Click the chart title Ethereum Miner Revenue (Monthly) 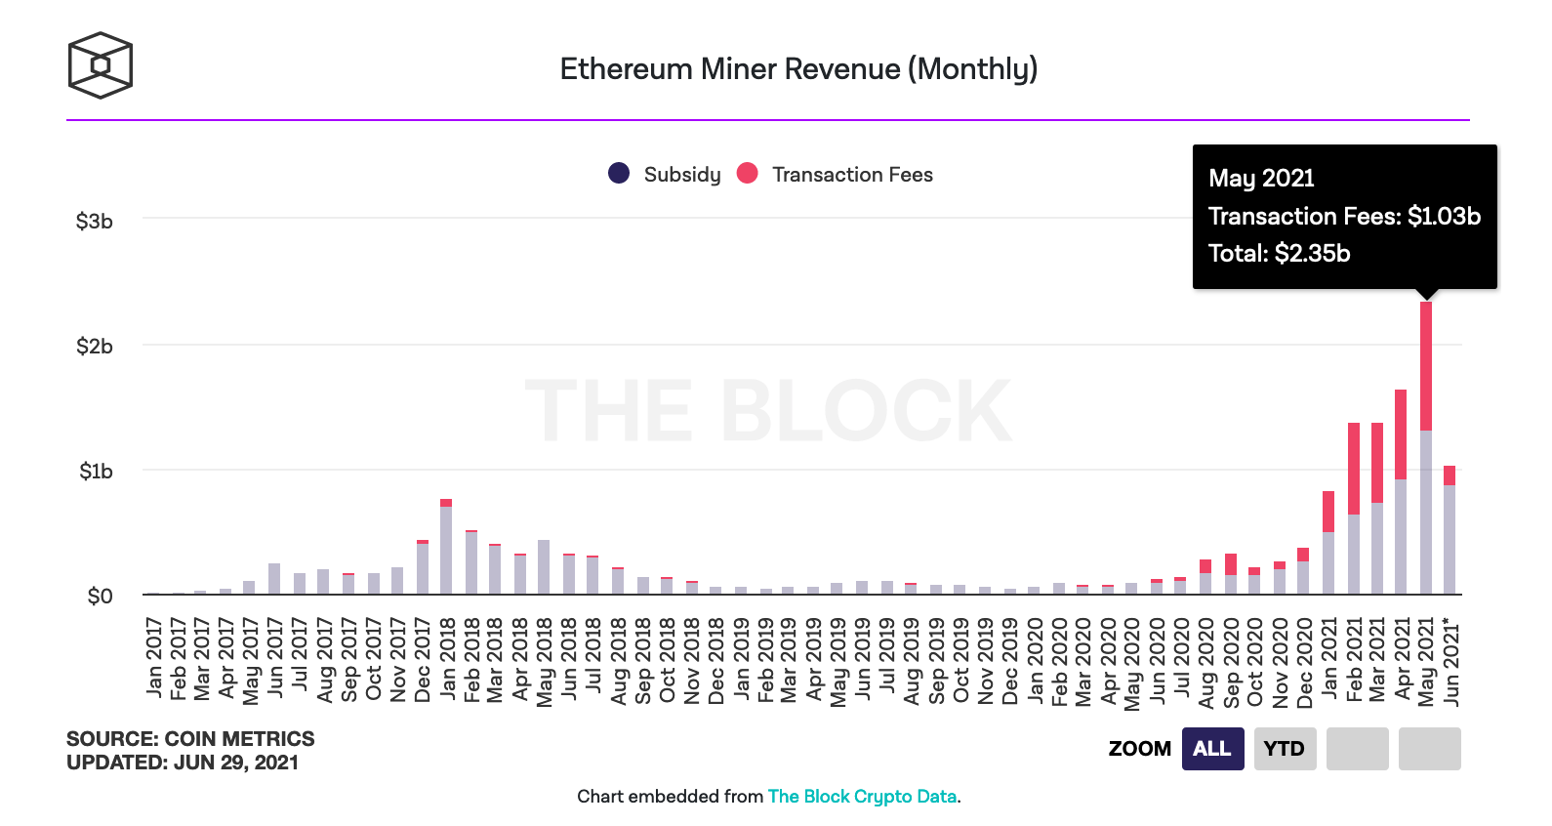pos(798,69)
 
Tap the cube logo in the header pos(100,65)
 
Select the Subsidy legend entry pos(665,174)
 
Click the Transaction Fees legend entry pos(836,174)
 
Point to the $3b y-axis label pos(95,222)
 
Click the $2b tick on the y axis pos(95,347)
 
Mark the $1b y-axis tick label pos(96,472)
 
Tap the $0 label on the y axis pos(100,597)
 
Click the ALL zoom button pos(1212,749)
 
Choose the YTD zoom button pos(1285,749)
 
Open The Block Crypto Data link pos(862,796)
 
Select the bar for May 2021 pos(1426,449)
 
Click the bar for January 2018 pos(446,547)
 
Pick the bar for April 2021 pos(1401,493)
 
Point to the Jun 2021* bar pos(1450,531)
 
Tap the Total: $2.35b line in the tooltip pos(1279,254)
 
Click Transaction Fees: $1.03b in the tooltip pos(1344,216)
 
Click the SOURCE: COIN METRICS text pos(190,738)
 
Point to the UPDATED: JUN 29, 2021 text pos(183,763)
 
